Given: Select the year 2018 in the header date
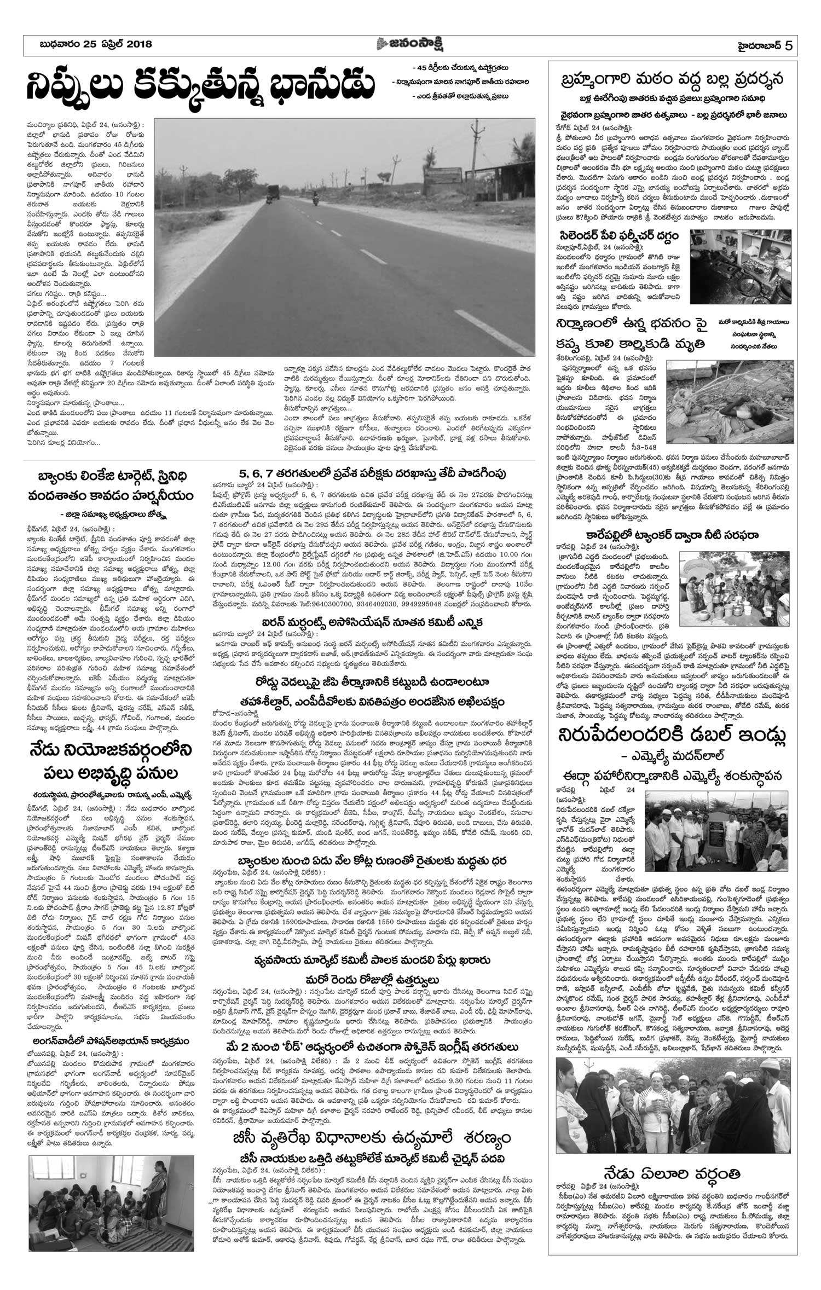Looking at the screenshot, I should coord(137,45).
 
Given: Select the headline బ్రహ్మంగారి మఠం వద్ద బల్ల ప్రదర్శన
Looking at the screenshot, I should coord(670,80).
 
